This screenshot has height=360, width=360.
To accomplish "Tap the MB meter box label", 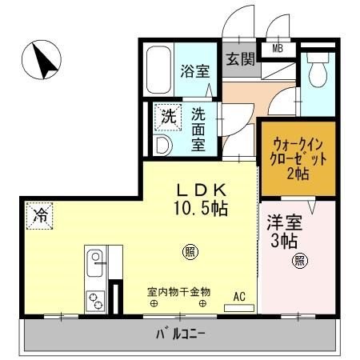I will click(x=278, y=49).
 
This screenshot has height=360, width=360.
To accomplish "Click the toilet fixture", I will click(x=318, y=70).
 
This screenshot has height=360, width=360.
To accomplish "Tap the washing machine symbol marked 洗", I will click(x=167, y=115).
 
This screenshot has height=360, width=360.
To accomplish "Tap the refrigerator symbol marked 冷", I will click(x=40, y=214).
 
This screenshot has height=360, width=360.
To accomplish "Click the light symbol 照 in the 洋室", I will click(x=298, y=259).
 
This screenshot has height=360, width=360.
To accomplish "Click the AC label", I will click(x=238, y=295).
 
